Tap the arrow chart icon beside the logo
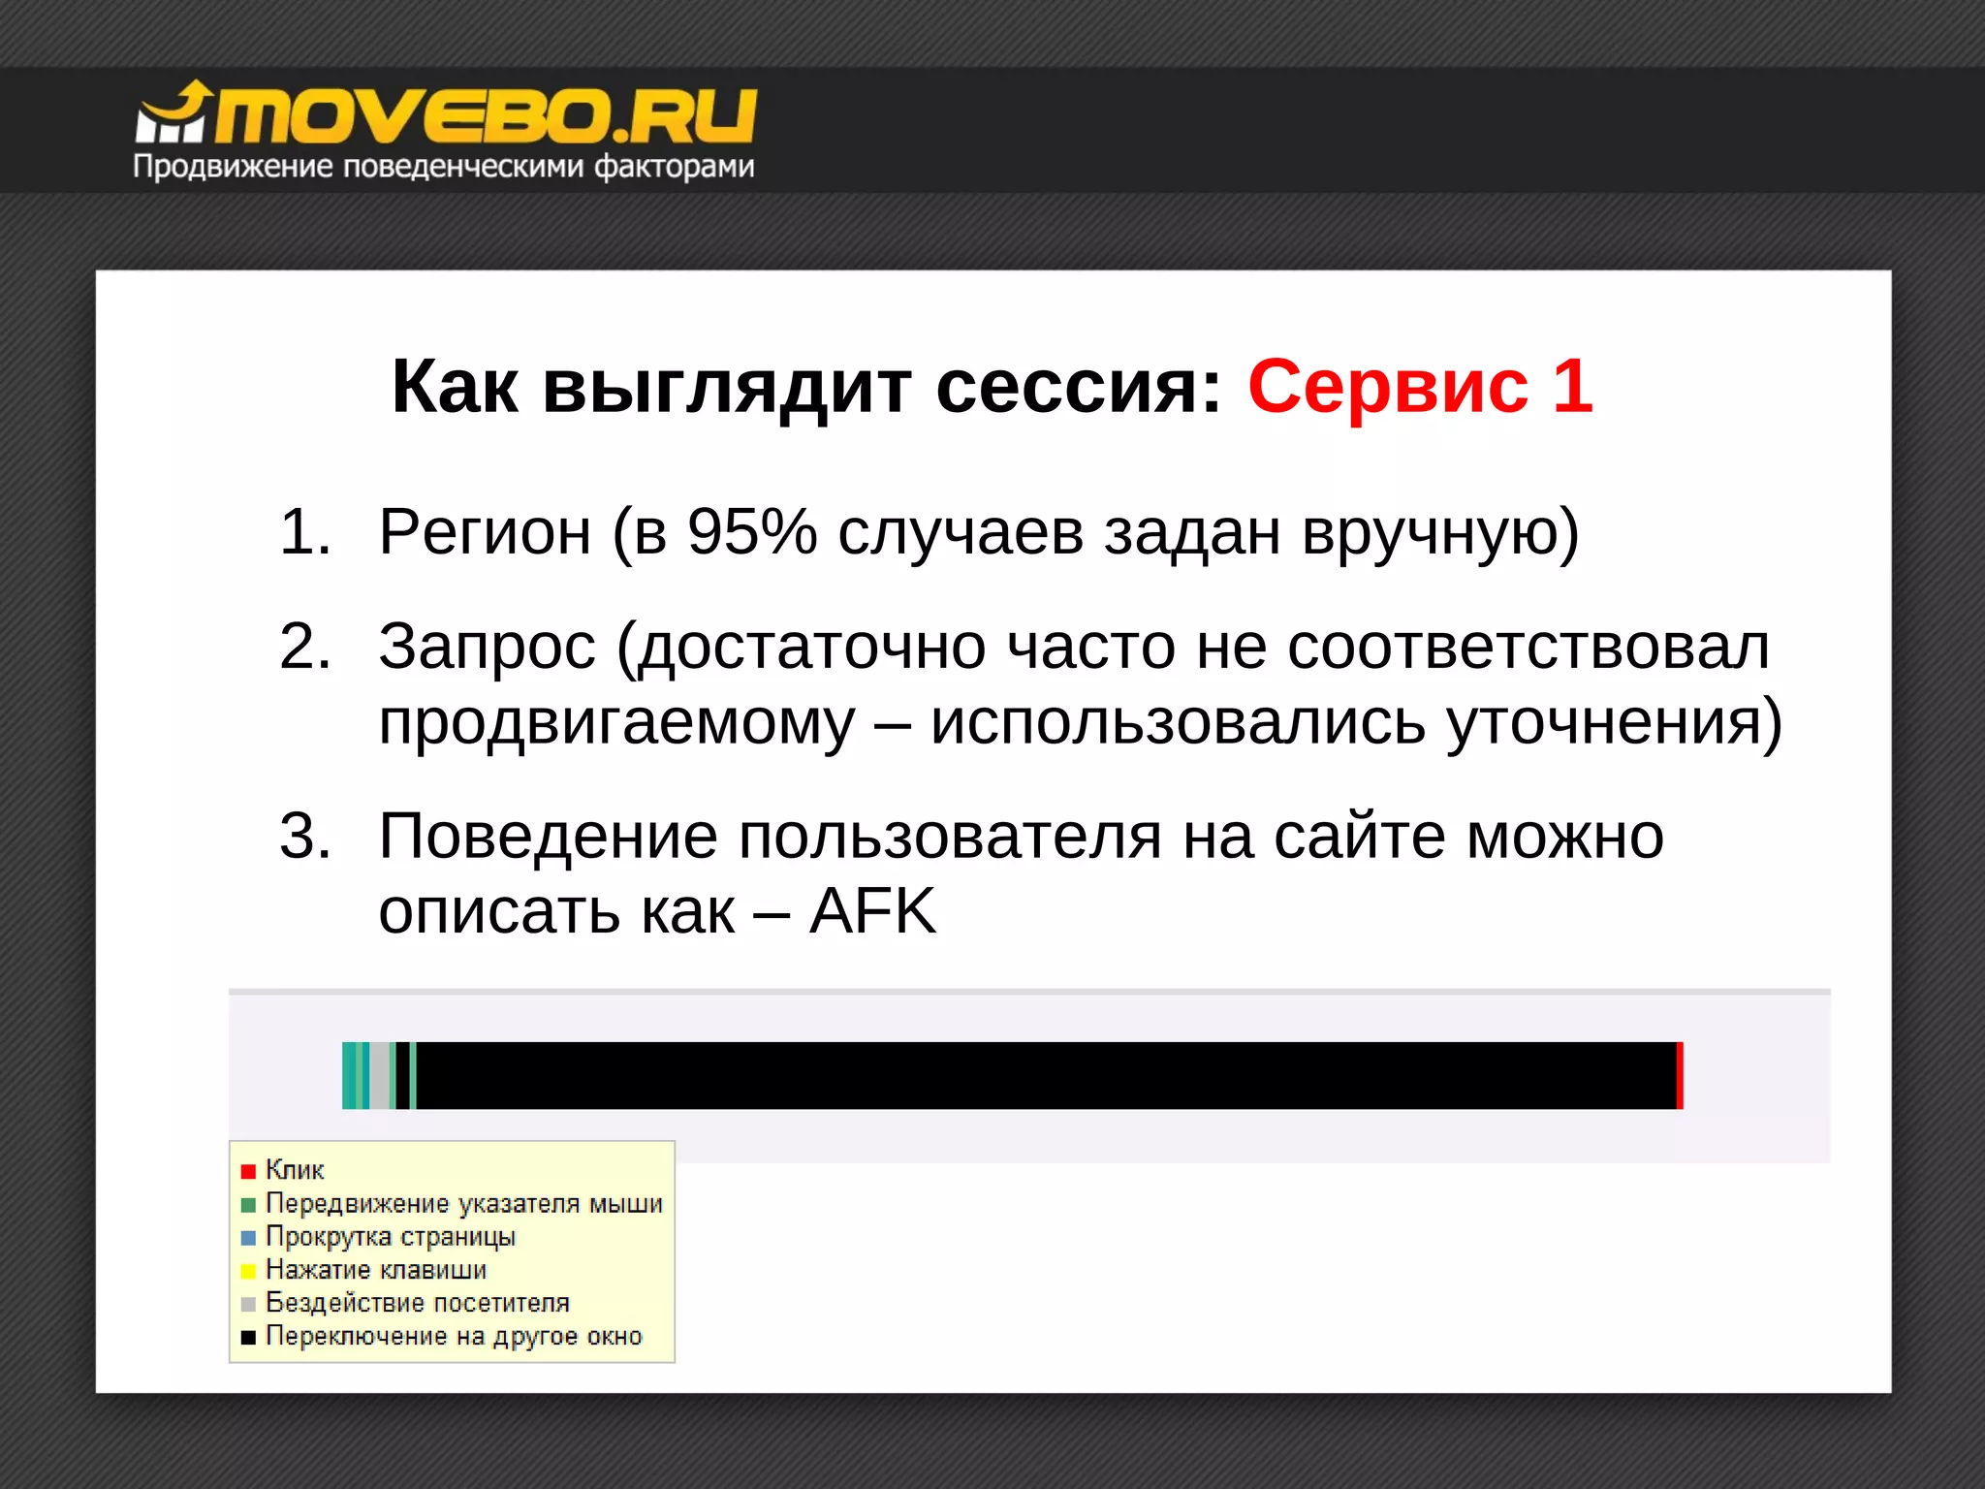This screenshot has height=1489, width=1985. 173,114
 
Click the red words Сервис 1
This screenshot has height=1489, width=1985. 1420,387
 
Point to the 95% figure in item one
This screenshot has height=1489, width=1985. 752,532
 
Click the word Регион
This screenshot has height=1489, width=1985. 485,532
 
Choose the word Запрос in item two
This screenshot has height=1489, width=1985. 487,647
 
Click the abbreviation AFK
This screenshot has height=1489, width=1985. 872,911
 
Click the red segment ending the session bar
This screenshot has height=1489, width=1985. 1680,1075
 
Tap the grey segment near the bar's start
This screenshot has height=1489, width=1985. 379,1075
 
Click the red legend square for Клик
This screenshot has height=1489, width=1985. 248,1171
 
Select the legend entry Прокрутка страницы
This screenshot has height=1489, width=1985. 390,1237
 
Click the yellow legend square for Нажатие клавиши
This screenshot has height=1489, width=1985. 248,1271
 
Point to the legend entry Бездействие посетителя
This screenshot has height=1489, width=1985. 417,1303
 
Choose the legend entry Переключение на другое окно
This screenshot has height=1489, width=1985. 454,1336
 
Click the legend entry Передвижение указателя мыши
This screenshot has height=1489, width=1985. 463,1204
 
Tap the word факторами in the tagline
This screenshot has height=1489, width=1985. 675,167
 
